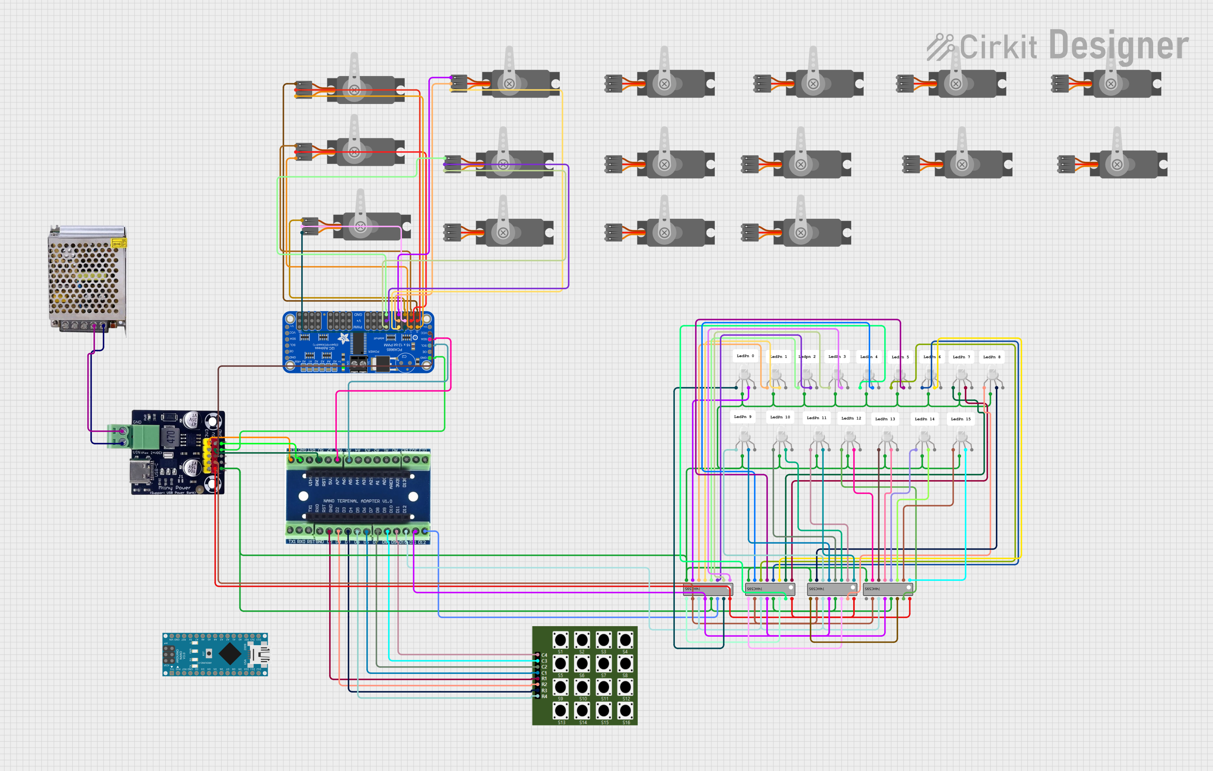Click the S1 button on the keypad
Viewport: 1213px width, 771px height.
click(x=560, y=640)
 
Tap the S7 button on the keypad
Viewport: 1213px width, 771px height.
click(x=604, y=664)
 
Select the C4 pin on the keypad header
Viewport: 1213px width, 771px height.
click(x=537, y=655)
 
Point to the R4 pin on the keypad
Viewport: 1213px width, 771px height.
click(x=537, y=697)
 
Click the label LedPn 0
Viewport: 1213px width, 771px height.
click(x=745, y=356)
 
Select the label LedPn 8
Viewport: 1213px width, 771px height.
click(x=991, y=357)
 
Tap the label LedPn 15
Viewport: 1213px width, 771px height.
click(x=960, y=419)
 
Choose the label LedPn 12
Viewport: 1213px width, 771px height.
click(x=851, y=418)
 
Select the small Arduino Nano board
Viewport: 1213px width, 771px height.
click(x=215, y=654)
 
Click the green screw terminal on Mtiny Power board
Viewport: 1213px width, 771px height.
click(x=145, y=436)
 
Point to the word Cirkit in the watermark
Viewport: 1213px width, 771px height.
click(x=997, y=47)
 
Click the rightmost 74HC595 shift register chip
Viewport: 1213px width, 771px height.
click(x=888, y=589)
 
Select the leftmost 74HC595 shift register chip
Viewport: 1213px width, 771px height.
click(x=708, y=589)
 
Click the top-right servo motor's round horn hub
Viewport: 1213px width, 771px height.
click(x=1110, y=84)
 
